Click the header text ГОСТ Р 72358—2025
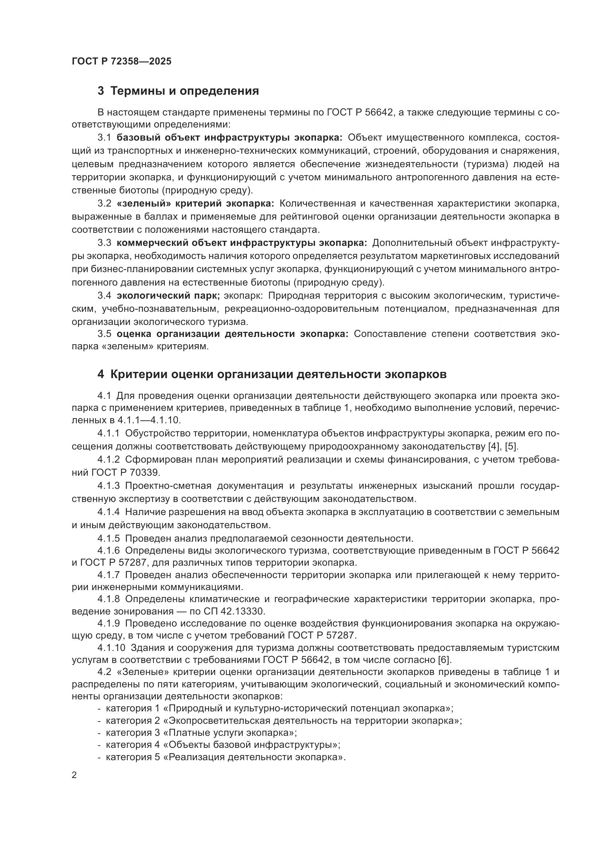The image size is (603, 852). pyautogui.click(x=121, y=62)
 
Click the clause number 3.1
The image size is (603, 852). pyautogui.click(x=104, y=138)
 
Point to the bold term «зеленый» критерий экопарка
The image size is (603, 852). pyautogui.click(x=195, y=203)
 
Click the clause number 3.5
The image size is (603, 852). pyautogui.click(x=104, y=334)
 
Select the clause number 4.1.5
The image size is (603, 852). pyautogui.click(x=108, y=538)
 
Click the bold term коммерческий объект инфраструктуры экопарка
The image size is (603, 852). pyautogui.click(x=241, y=243)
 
